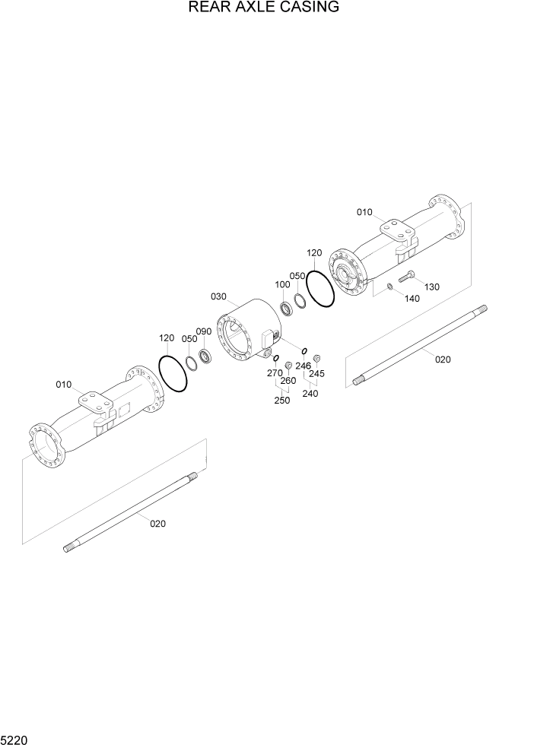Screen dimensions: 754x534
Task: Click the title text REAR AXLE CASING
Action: pyautogui.click(x=263, y=8)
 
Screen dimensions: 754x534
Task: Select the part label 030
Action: pyautogui.click(x=219, y=296)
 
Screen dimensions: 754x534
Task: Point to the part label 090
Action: pyautogui.click(x=204, y=331)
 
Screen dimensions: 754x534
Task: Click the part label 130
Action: pyautogui.click(x=432, y=287)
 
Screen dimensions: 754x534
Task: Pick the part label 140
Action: pyautogui.click(x=412, y=299)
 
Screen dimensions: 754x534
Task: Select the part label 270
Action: pyautogui.click(x=275, y=372)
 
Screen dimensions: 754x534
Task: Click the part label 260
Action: pyautogui.click(x=288, y=380)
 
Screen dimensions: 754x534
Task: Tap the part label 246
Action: pyautogui.click(x=304, y=366)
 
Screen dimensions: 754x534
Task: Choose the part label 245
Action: pyautogui.click(x=316, y=373)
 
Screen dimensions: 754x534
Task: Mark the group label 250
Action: pyautogui.click(x=281, y=400)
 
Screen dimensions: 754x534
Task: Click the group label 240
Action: pyautogui.click(x=310, y=393)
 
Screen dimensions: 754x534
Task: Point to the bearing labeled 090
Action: pyautogui.click(x=205, y=356)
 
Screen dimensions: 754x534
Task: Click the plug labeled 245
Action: pyautogui.click(x=318, y=358)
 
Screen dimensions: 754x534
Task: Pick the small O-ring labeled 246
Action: pyautogui.click(x=304, y=350)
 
